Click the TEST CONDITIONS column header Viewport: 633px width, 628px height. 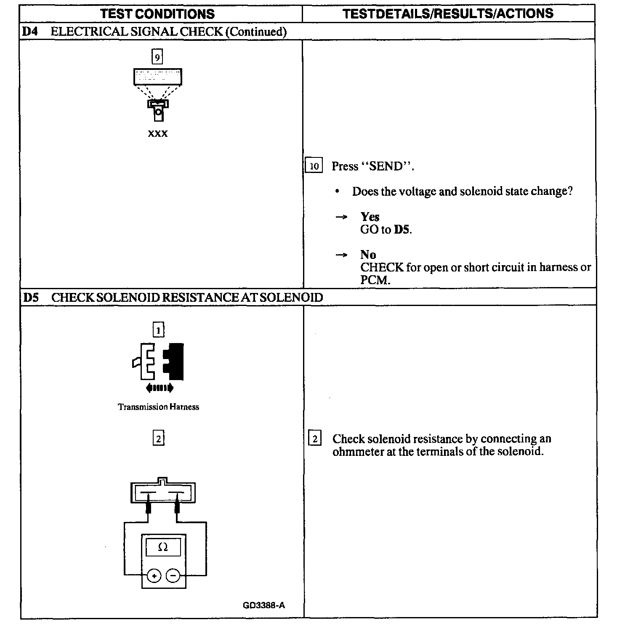point(158,14)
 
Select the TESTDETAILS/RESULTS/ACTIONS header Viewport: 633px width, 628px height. point(448,13)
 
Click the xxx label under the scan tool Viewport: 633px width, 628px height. point(158,134)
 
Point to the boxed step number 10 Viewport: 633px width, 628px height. point(314,166)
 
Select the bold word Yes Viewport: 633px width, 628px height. point(370,217)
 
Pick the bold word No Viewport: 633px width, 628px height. point(368,255)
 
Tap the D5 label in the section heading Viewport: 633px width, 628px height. point(31,298)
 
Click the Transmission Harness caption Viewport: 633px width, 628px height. point(158,407)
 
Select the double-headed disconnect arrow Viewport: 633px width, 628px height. point(159,388)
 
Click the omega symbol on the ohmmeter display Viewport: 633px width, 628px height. point(163,547)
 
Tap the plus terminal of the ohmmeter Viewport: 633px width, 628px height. point(154,575)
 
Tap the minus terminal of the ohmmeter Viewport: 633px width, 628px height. point(173,575)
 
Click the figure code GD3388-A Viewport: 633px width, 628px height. point(264,605)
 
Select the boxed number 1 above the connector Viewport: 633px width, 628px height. point(158,331)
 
